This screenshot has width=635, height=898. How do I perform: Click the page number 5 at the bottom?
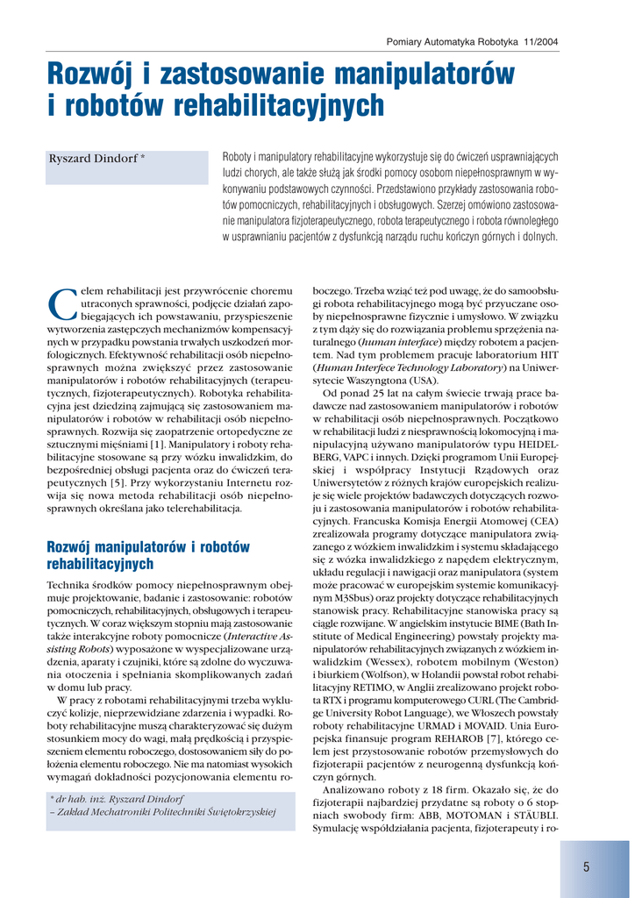click(x=585, y=866)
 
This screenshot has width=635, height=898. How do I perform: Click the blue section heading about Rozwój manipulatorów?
click(x=147, y=555)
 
